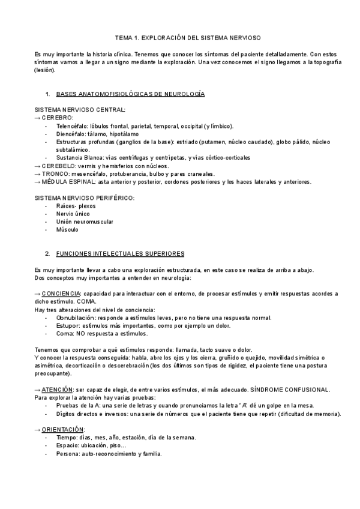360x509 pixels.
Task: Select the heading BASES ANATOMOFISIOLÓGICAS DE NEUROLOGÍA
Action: (x=130, y=94)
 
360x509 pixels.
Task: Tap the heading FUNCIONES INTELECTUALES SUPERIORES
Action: (x=120, y=254)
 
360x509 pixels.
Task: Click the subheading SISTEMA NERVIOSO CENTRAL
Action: (x=80, y=110)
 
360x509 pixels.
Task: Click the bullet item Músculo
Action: (x=67, y=229)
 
